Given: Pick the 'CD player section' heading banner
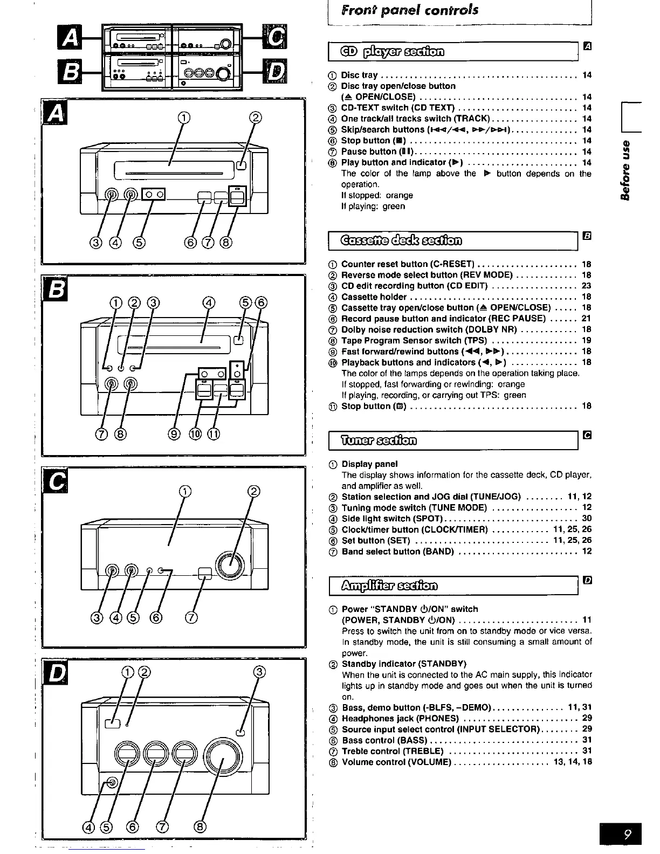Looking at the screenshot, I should [392, 52].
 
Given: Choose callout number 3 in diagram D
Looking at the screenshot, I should [260, 672].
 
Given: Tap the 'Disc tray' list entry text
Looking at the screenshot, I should [359, 75].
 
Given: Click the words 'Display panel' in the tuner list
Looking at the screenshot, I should [369, 464].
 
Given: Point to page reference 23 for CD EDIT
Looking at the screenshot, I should [587, 286].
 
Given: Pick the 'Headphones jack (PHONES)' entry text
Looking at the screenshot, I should [400, 718].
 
